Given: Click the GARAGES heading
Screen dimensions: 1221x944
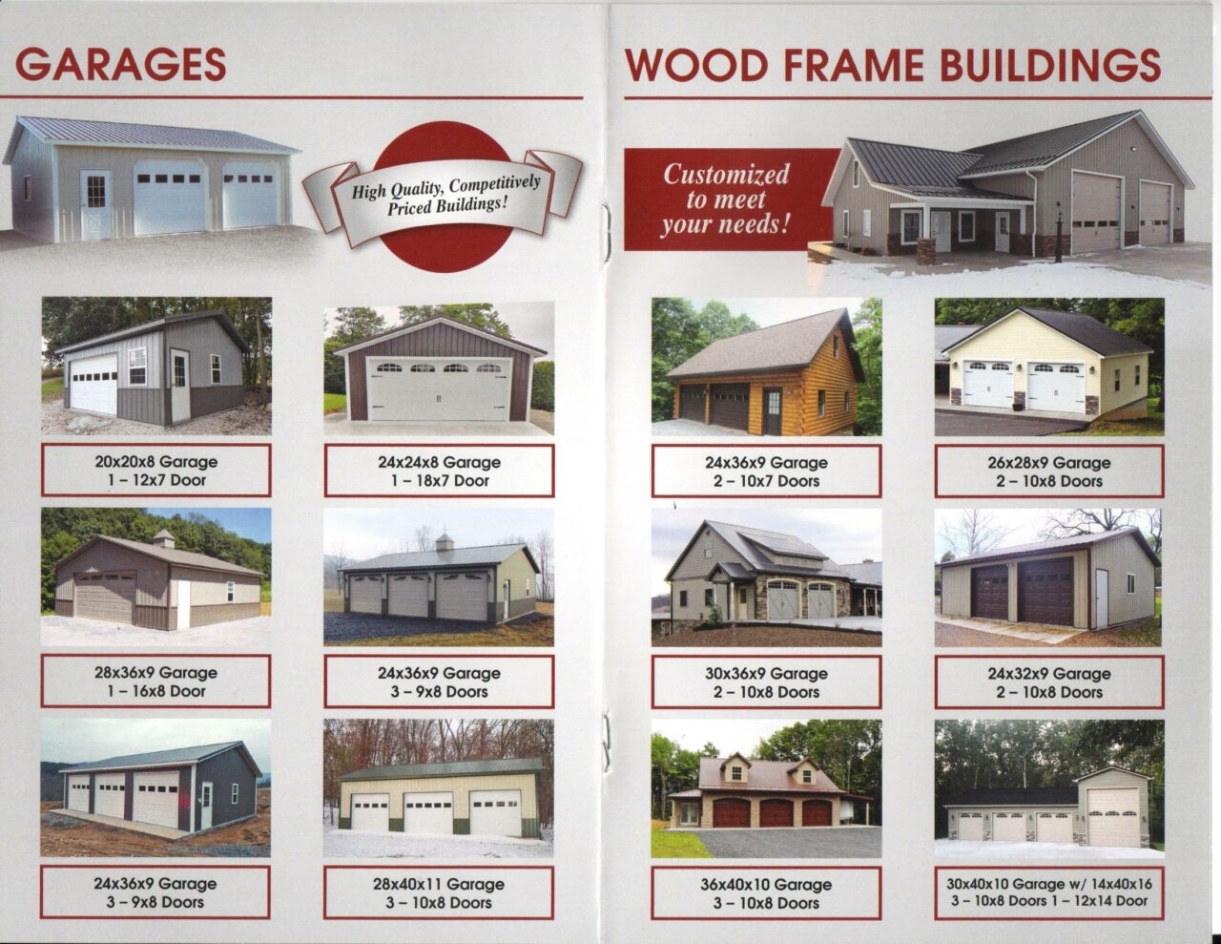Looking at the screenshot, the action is pyautogui.click(x=121, y=65).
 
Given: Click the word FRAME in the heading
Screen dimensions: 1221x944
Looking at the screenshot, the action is pyautogui.click(x=854, y=65).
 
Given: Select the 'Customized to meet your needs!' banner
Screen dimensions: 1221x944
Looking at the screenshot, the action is pyautogui.click(x=728, y=199).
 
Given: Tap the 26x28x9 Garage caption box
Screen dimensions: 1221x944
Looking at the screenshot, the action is pyautogui.click(x=1049, y=472).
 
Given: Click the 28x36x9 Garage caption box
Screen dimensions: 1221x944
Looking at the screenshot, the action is pyautogui.click(x=155, y=682).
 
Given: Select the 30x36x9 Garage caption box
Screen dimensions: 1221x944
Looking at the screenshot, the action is pyautogui.click(x=766, y=682).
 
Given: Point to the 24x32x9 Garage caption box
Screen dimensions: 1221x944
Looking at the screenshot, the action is pyautogui.click(x=1049, y=682).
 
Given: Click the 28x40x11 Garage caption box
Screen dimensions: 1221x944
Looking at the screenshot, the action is pyautogui.click(x=439, y=892).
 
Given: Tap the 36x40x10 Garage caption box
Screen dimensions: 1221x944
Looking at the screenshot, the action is pyautogui.click(x=766, y=893).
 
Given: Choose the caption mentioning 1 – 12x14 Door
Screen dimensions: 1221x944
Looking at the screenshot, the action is pyautogui.click(x=1049, y=893).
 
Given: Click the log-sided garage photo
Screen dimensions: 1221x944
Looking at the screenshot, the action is pyautogui.click(x=766, y=367).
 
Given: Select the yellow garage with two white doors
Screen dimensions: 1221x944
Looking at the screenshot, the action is pyautogui.click(x=1049, y=367).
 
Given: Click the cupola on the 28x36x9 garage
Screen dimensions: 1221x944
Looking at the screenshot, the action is pyautogui.click(x=163, y=538).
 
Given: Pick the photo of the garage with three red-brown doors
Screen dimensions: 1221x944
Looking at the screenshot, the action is pyautogui.click(x=766, y=788).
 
